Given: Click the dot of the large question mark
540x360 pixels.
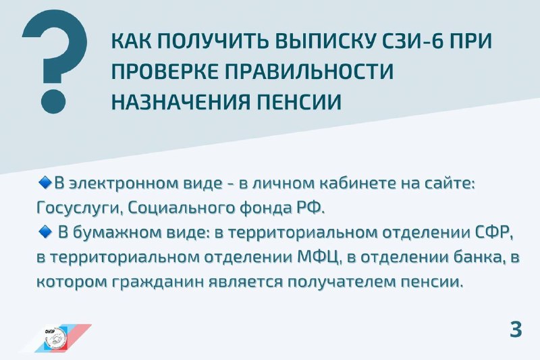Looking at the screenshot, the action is tap(53, 101).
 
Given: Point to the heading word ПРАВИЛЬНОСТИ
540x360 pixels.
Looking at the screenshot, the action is tap(309, 72).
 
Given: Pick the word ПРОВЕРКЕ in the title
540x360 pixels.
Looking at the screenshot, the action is tap(165, 72).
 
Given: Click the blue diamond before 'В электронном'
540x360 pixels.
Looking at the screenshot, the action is tap(45, 182).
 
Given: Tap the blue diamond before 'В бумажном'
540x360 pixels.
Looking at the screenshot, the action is tap(45, 232).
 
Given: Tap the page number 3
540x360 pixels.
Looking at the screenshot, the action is tap(516, 330).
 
